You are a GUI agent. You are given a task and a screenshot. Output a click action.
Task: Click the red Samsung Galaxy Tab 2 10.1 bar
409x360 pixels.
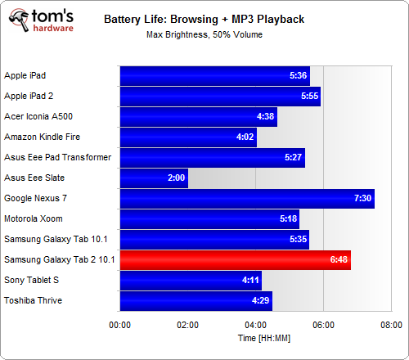(235, 260)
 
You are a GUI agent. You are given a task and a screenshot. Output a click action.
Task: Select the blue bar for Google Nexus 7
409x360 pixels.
(247, 199)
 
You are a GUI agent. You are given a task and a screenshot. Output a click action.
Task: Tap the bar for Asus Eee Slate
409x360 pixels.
(154, 178)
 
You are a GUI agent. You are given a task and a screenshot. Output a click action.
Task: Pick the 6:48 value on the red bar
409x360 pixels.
(339, 260)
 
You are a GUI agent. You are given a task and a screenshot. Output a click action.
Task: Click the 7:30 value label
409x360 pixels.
(362, 199)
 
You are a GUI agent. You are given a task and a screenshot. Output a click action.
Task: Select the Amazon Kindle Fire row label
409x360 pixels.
(42, 137)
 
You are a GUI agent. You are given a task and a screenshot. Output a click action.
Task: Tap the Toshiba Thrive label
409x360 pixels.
(33, 300)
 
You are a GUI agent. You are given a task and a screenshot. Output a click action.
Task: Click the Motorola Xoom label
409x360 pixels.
(32, 218)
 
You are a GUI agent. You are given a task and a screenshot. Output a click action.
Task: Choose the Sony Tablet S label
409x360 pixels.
(31, 280)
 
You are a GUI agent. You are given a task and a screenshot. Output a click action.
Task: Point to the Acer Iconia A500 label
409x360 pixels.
(38, 116)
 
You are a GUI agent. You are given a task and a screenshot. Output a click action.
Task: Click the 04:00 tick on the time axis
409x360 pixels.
(255, 324)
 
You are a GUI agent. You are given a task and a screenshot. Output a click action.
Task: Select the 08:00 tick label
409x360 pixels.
(391, 324)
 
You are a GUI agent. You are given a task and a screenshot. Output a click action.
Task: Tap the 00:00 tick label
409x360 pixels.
(120, 324)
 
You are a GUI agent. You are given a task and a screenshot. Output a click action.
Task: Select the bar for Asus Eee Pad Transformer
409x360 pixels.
(212, 158)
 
